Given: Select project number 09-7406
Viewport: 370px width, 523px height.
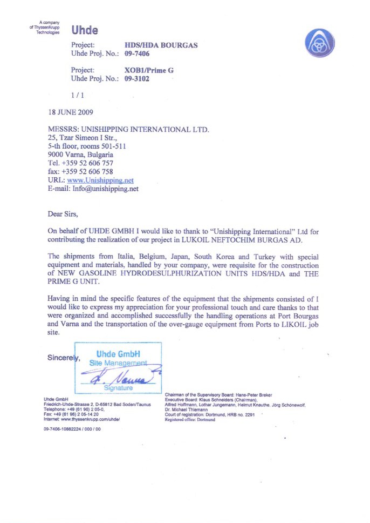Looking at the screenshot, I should point(137,53).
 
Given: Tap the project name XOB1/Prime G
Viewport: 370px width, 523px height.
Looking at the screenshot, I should point(149,70).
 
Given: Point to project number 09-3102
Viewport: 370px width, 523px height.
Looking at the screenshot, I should point(137,79).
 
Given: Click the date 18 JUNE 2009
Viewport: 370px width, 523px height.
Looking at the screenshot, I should point(71,112).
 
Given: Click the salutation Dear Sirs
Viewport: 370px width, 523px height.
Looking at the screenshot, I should point(63,214).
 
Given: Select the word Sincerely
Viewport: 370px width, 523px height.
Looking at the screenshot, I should point(63,358).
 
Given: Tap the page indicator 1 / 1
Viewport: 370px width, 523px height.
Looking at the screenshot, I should point(78,95).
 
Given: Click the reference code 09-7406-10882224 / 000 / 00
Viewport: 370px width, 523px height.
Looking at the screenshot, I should point(72,428).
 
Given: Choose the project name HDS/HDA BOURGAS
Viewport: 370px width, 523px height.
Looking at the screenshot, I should point(161,45).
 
